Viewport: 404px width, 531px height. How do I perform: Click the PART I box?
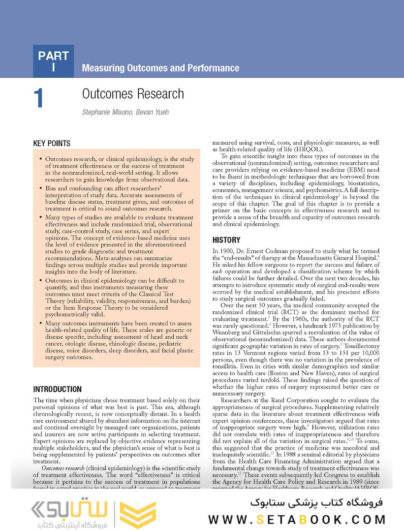point(53,61)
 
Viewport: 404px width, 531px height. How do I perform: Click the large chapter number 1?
point(39,98)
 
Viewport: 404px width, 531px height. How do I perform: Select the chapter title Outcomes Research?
point(133,94)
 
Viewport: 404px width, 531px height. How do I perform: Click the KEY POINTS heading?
point(52,144)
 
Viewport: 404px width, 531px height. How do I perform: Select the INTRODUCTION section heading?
point(57,389)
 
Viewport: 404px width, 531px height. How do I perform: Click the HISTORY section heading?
point(226,240)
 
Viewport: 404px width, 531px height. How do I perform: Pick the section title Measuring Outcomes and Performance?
point(160,68)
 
